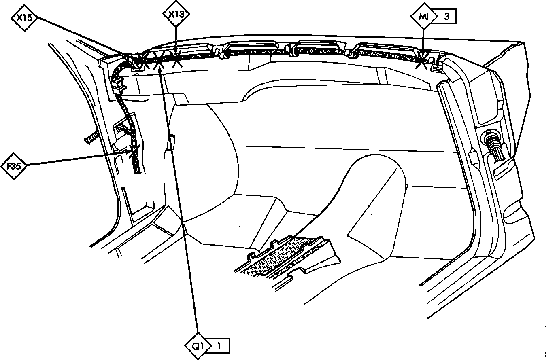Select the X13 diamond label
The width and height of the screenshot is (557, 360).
176,14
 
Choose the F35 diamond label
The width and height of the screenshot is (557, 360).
14,165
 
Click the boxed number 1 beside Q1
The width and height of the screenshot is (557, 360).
219,346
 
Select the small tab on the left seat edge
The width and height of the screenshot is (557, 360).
172,142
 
